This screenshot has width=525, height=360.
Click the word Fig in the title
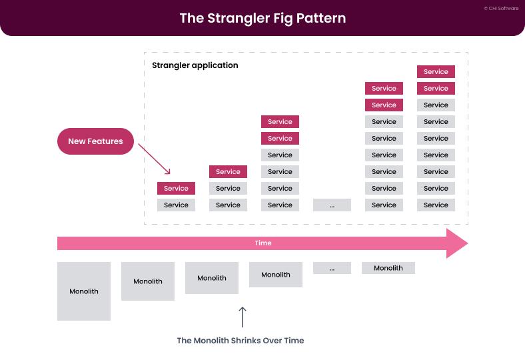(273, 18)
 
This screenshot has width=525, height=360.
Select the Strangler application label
(195, 65)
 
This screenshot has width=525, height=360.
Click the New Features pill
(95, 141)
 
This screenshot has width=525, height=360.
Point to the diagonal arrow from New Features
(154, 157)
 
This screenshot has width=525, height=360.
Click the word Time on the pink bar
(263, 243)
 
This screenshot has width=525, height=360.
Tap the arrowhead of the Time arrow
(457, 243)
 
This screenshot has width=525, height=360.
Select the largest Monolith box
(84, 291)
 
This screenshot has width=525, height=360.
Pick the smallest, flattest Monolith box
(388, 268)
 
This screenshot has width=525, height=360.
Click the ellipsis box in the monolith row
(331, 268)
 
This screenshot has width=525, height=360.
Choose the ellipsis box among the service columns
(331, 205)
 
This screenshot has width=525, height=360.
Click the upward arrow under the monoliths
(243, 317)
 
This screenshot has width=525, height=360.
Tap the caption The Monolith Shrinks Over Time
(240, 341)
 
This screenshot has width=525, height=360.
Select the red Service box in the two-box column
(176, 189)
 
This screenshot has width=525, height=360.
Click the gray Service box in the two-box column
(176, 205)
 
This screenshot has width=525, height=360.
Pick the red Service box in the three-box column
(228, 172)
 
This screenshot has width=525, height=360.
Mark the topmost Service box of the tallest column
(436, 72)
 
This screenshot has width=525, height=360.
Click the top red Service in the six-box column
(280, 122)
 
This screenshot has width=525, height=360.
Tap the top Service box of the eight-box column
(384, 89)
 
